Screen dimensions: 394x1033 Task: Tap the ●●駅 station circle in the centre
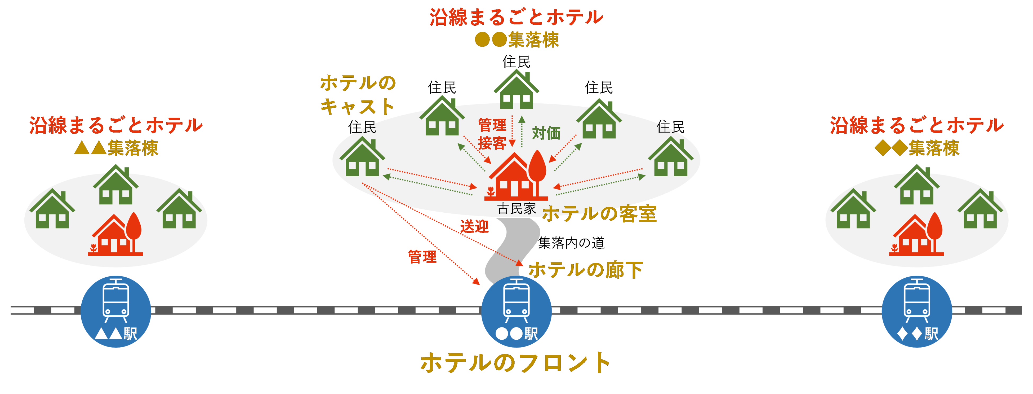516,311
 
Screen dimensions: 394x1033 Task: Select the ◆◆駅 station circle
917,311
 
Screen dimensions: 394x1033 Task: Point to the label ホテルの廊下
585,270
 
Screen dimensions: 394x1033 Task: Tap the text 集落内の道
571,243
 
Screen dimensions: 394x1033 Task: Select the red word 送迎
474,227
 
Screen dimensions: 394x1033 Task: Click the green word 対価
546,133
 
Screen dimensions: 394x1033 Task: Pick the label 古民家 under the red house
516,209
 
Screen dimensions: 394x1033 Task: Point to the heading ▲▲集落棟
116,148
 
